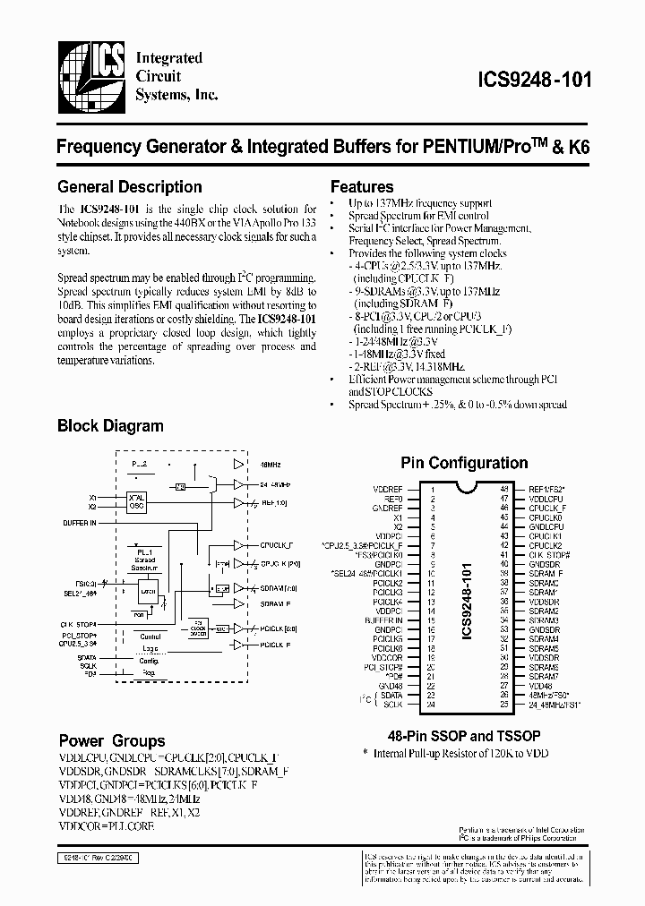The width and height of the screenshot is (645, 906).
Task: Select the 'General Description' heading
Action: [x=129, y=187]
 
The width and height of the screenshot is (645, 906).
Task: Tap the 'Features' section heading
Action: [x=362, y=187]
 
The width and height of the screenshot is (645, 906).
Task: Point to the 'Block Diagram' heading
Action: [x=110, y=426]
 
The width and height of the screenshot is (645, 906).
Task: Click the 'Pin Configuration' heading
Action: [x=463, y=463]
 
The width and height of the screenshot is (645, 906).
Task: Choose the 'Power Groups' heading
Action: [x=112, y=740]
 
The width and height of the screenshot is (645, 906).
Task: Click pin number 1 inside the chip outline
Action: [x=433, y=489]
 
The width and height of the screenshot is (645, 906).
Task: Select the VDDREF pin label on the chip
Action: [x=389, y=489]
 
